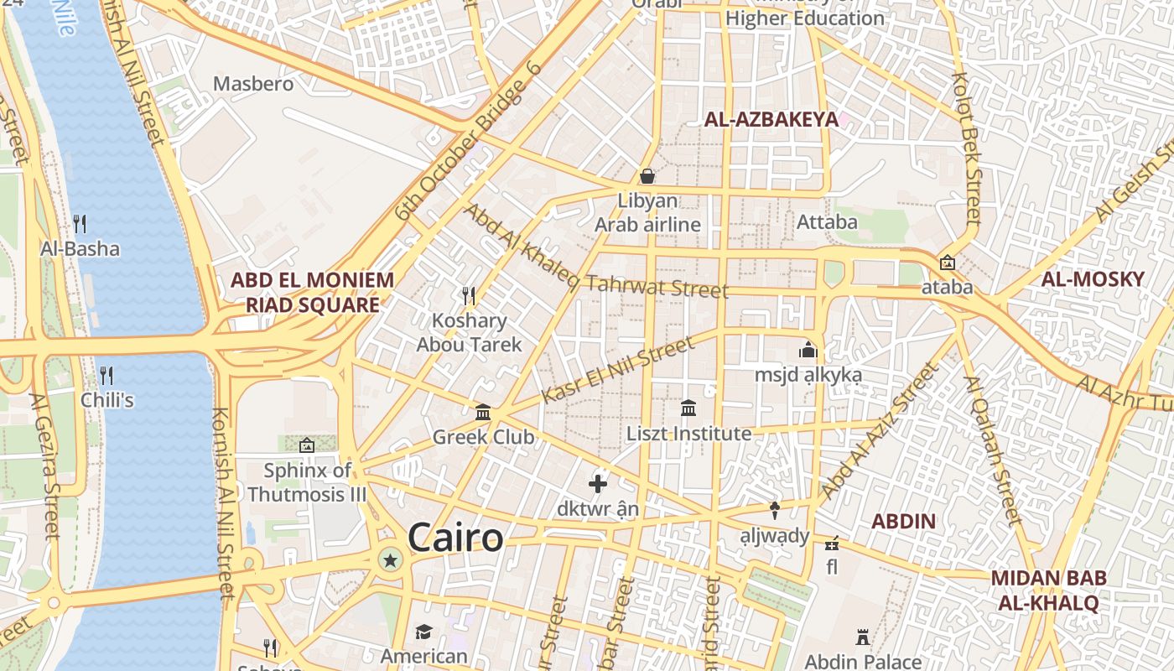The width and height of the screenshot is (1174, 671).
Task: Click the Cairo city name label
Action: click(x=455, y=538)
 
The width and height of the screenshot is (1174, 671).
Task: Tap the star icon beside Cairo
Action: click(x=389, y=559)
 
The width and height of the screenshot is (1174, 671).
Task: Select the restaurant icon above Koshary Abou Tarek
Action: click(x=469, y=295)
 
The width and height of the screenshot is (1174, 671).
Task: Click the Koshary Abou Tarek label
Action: click(x=469, y=332)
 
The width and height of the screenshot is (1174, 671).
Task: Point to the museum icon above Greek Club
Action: click(x=483, y=412)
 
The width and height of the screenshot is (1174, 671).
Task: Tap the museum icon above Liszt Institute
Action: click(x=688, y=408)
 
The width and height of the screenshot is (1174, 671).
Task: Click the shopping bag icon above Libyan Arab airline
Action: click(x=647, y=176)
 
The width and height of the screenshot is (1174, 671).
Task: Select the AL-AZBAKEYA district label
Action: click(x=771, y=119)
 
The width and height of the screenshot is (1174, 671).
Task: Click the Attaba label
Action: click(x=827, y=221)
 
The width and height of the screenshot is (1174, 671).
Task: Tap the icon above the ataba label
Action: click(x=948, y=263)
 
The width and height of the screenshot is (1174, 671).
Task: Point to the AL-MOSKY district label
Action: click(x=1092, y=279)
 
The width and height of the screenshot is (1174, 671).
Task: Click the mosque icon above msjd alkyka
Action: click(x=808, y=350)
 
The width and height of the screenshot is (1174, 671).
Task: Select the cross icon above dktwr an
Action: click(x=598, y=484)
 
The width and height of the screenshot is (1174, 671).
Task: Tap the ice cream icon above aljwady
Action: click(x=775, y=510)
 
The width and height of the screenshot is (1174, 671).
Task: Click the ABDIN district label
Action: click(x=902, y=521)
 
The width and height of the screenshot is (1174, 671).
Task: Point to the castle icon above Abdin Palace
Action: click(x=863, y=637)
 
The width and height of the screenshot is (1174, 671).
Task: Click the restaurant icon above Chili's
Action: click(x=106, y=375)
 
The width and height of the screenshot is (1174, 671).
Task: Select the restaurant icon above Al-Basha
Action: click(x=80, y=223)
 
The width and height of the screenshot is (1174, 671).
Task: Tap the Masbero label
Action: click(x=253, y=84)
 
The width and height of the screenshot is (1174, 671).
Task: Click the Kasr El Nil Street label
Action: click(x=618, y=369)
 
